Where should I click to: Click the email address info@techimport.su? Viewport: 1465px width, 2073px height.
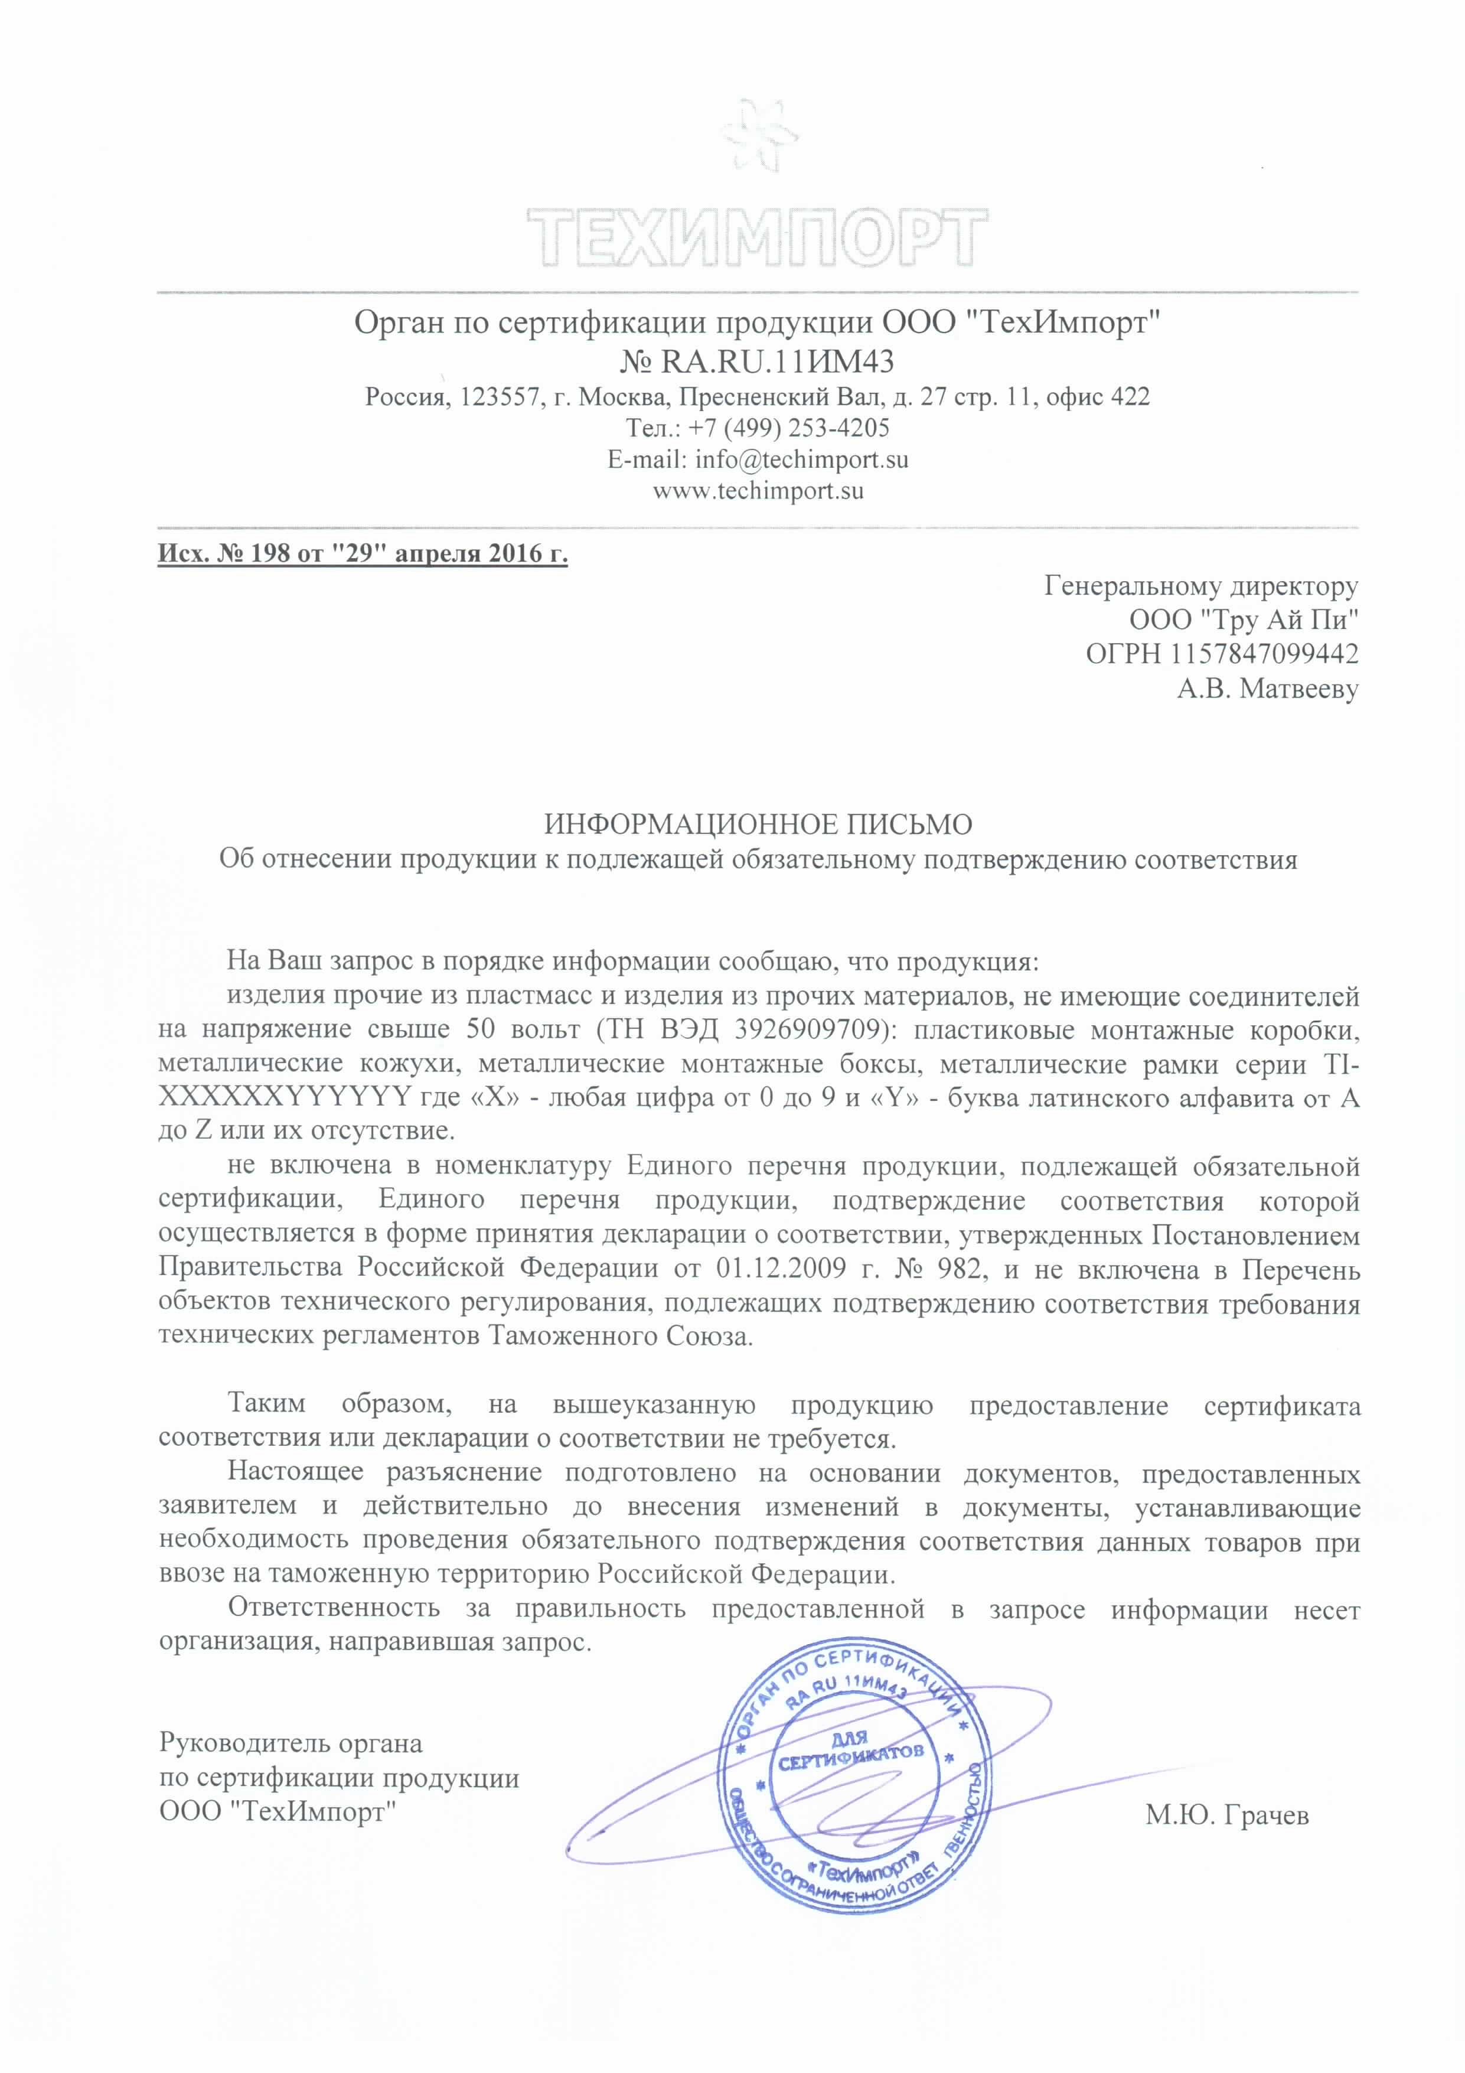801,459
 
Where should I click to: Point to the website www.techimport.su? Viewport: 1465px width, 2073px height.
758,491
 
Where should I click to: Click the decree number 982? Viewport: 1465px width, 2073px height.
958,1269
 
